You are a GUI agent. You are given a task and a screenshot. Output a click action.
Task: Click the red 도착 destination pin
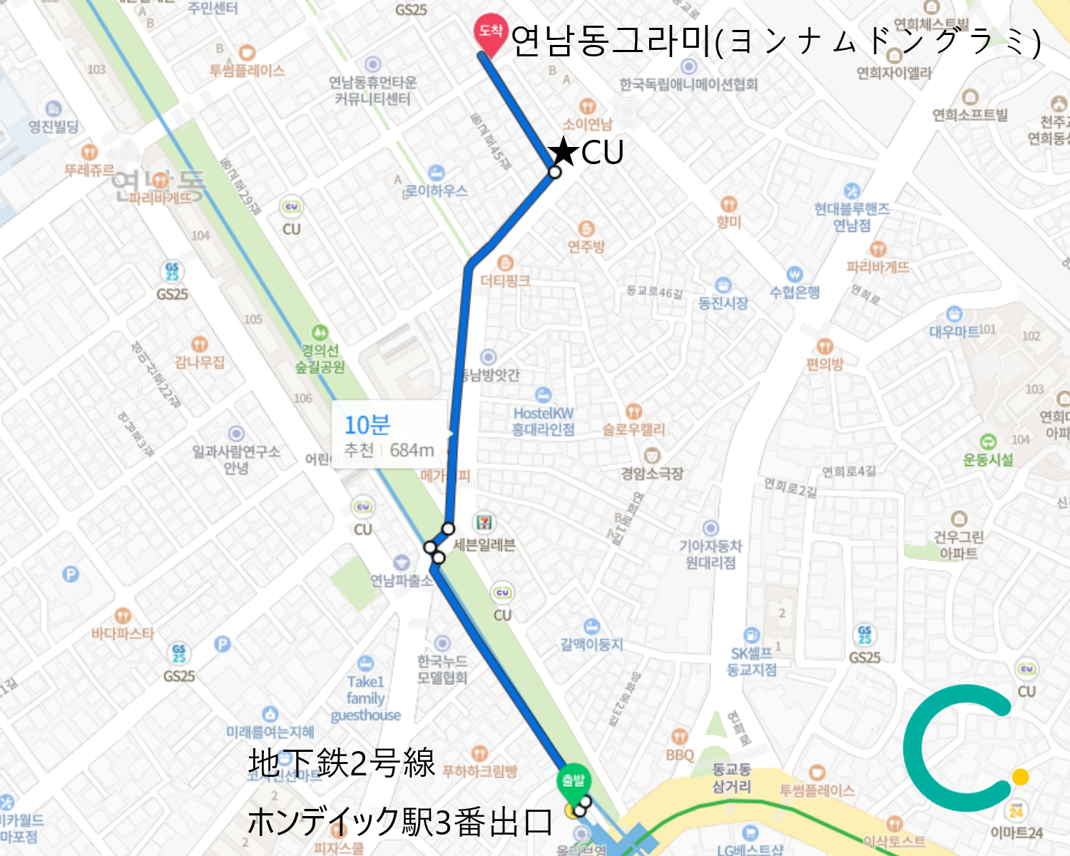click(x=491, y=32)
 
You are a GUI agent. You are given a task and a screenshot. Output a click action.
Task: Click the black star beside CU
click(x=564, y=151)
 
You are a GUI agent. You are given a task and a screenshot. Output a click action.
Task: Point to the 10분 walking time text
click(x=367, y=425)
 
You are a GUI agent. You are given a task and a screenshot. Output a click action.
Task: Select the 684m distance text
click(x=412, y=451)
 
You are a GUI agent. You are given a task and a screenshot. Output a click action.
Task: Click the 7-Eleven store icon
click(x=484, y=522)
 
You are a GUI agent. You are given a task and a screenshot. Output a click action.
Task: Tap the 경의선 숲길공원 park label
click(x=320, y=359)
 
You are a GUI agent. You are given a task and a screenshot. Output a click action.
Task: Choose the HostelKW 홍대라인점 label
click(x=543, y=421)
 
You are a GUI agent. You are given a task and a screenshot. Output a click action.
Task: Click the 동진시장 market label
click(x=723, y=303)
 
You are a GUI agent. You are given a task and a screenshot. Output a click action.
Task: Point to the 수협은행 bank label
click(x=795, y=292)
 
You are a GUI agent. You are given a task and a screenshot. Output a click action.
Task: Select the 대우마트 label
click(x=954, y=331)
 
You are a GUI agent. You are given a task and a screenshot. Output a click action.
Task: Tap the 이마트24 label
click(x=1017, y=832)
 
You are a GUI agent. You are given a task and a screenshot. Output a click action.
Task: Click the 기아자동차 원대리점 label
click(x=710, y=554)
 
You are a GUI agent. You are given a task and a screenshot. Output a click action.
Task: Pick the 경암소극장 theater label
click(x=652, y=473)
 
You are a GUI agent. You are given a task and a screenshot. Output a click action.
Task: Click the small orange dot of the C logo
click(x=1020, y=777)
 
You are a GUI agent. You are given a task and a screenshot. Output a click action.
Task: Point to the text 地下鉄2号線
click(x=341, y=763)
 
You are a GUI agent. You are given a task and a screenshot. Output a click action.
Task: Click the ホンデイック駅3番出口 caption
click(x=399, y=822)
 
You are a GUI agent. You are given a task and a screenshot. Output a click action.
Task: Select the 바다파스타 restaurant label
click(x=123, y=633)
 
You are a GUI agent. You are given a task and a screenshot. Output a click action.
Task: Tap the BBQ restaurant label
click(x=680, y=754)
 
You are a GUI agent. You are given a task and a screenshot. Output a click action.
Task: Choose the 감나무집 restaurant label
click(x=200, y=362)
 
